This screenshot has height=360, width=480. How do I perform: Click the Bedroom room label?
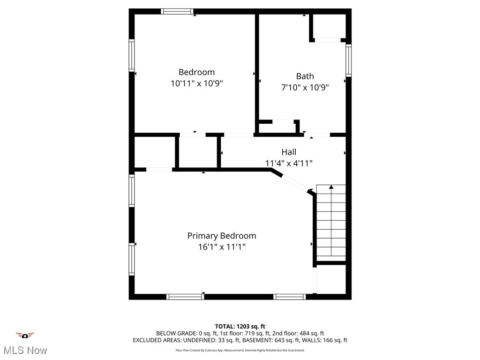196,72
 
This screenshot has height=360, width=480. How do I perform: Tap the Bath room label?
305,76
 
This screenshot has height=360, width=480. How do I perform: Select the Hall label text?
289,152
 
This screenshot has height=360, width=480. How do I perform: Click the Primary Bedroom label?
222,236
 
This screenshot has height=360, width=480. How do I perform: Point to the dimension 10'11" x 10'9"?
196,83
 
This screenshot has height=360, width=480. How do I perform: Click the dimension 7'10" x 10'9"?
305,87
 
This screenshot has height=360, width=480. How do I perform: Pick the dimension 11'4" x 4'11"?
289,163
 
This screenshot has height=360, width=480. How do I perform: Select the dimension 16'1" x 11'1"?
222,247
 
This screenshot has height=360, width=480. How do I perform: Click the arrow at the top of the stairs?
331,187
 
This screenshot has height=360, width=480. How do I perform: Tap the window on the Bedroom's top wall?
177,11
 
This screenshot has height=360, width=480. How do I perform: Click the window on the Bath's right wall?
348,60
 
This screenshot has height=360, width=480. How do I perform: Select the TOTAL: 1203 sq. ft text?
240,326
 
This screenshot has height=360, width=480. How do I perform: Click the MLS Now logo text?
25,350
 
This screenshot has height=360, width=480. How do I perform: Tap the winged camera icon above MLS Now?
25,335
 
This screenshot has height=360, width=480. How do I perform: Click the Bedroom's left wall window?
132,55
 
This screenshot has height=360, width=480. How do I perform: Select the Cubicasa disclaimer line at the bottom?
240,350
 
